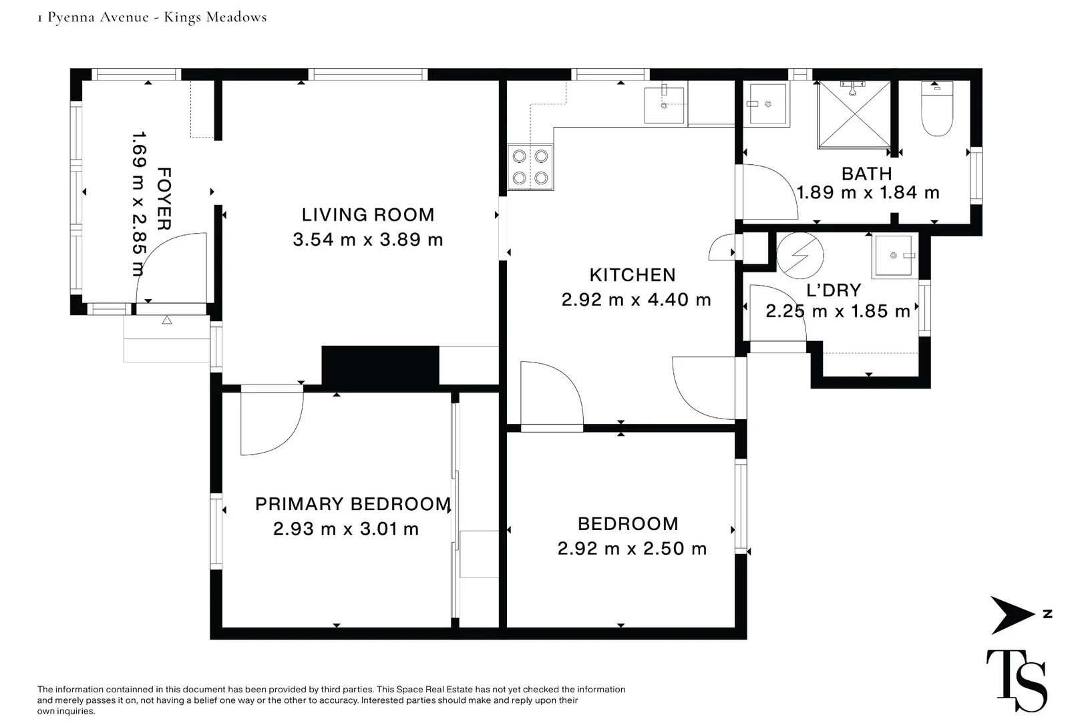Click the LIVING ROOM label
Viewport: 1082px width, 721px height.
coord(368,215)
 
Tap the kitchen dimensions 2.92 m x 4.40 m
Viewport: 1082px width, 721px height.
coord(636,300)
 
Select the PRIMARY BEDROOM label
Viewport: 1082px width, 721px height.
coord(353,504)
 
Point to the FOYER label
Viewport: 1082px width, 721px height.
coord(164,199)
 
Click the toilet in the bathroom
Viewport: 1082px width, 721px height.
coord(936,108)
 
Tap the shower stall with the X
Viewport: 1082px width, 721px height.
coord(854,114)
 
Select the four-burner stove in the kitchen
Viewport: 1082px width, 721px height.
coord(530,167)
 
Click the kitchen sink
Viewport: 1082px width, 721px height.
coord(664,105)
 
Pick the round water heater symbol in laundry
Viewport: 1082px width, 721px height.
coord(800,256)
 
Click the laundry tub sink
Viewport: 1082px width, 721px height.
coord(894,256)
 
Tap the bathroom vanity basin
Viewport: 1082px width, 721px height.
coord(766,104)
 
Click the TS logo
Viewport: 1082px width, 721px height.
coord(1017,680)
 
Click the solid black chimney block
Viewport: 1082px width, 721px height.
coord(380,366)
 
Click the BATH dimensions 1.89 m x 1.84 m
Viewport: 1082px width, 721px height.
coord(868,193)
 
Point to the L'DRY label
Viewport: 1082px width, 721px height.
coord(834,290)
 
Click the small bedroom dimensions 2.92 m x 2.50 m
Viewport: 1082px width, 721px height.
coord(632,549)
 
